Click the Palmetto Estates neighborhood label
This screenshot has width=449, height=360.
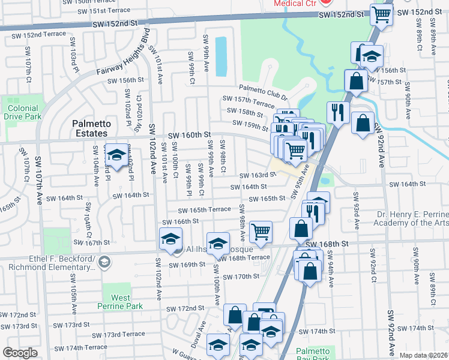pos(90,128)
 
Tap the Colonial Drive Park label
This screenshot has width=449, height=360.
pos(24,112)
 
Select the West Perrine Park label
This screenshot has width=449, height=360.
pos(120,302)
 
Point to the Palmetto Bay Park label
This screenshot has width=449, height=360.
pos(313,353)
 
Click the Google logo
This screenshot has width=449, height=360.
pos(20,353)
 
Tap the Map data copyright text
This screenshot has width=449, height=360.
pos(424,355)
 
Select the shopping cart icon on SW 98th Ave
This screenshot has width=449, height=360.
pos(261,232)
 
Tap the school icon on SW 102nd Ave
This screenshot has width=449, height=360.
pos(170,239)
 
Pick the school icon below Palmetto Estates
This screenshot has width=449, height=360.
pos(116,152)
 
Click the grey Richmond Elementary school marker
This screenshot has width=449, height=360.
pos(104,262)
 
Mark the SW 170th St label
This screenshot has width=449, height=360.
pos(240,277)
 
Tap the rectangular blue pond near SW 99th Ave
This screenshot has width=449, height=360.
pos(221,56)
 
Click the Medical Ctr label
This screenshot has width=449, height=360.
pos(296,3)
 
